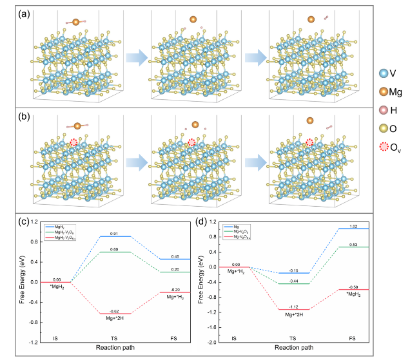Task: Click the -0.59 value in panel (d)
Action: (353, 287)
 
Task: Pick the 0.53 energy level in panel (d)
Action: (353, 247)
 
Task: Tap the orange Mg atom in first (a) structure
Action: (76, 23)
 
